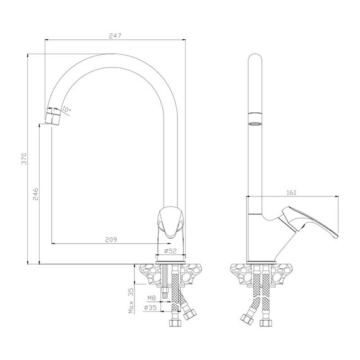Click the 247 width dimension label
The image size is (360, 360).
[x=115, y=36]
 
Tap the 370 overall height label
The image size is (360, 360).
[x=24, y=159]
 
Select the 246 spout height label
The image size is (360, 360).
[x=35, y=194]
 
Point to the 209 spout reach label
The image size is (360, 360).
[x=111, y=240]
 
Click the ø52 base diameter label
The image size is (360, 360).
[x=171, y=251]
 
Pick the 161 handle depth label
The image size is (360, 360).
[x=291, y=193]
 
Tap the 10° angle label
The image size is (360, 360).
[x=66, y=109]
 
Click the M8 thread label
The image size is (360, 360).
[x=152, y=298]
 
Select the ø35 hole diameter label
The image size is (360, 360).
[x=150, y=308]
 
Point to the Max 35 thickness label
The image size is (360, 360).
[x=130, y=301]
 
